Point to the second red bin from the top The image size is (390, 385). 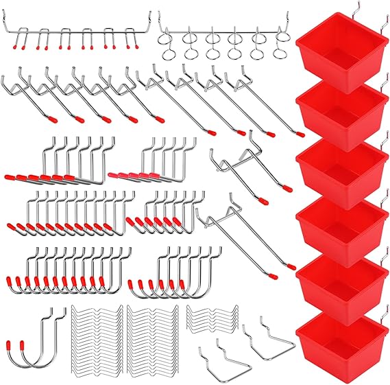click(x=339, y=110)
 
